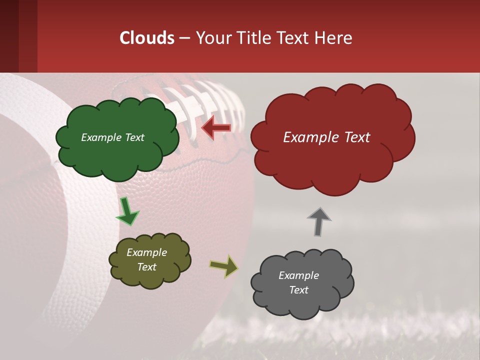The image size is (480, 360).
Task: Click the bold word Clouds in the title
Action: pos(147,38)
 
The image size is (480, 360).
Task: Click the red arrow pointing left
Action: pos(216,128)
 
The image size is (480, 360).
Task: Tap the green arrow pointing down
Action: pos(127,211)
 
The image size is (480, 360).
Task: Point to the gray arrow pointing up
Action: pos(319,221)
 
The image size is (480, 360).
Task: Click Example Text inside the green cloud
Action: pos(112,137)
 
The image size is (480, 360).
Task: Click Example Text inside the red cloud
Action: pos(326,137)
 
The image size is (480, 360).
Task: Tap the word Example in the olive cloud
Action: pos(146,252)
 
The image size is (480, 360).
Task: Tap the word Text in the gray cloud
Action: pos(298,290)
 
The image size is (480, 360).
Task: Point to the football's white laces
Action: pos(200,100)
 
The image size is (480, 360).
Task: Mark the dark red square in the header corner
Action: pos(18,36)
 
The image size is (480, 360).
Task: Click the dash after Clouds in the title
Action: pos(184,38)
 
